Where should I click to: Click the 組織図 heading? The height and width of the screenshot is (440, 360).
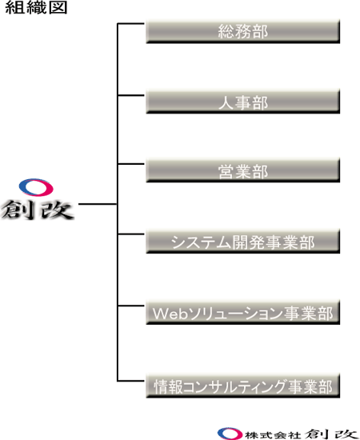click(36, 7)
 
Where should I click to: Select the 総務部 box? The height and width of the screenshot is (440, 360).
click(243, 31)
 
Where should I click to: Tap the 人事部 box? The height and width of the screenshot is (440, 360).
click(243, 102)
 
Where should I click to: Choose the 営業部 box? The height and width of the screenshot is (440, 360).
click(243, 170)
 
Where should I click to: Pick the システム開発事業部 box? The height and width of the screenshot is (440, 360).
click(243, 242)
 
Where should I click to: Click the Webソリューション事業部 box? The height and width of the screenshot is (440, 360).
click(243, 312)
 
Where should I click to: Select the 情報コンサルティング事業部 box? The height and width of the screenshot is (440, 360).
click(243, 386)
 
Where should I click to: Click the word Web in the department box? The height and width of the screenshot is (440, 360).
click(170, 313)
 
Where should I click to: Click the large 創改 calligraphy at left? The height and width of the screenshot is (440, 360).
click(37, 210)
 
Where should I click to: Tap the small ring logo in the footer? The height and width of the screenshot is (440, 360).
click(230, 434)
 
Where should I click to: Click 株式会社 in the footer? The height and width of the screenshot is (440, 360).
click(273, 435)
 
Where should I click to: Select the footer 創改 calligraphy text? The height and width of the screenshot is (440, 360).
click(330, 434)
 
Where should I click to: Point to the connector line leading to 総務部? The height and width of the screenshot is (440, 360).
click(130, 24)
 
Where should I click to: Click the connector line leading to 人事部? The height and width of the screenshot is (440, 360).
click(130, 95)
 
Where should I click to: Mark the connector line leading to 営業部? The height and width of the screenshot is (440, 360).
click(130, 163)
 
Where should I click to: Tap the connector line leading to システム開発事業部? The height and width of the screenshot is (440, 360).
click(130, 234)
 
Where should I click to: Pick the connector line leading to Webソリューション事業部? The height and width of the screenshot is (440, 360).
click(130, 306)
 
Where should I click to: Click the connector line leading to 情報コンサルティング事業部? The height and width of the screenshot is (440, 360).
click(130, 381)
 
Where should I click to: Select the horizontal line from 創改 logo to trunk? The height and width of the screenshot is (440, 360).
click(98, 204)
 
